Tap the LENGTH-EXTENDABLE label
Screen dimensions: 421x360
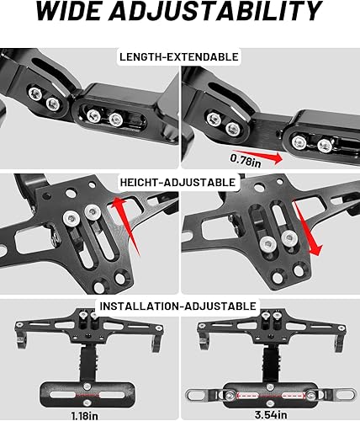(x=179, y=57)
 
